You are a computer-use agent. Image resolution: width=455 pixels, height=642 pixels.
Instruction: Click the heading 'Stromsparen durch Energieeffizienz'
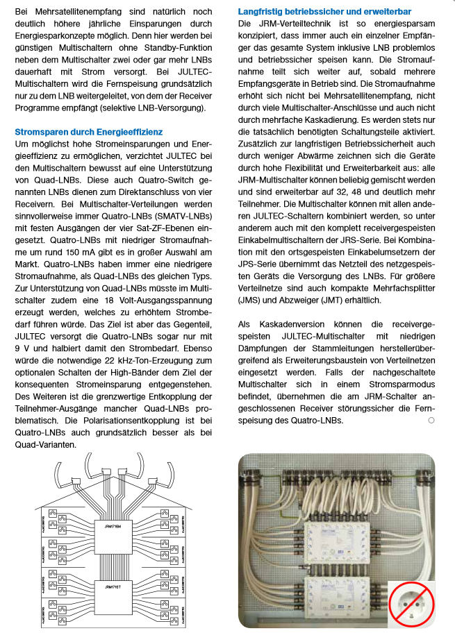(x=89, y=131)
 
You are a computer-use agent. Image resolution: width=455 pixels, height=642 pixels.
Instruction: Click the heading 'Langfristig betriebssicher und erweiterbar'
(x=324, y=12)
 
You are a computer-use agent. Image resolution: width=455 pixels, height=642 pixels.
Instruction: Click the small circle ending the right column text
(x=431, y=421)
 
